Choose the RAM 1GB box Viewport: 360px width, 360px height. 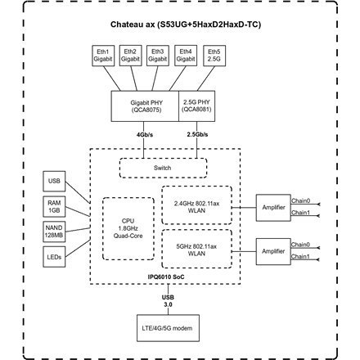coord(54,204)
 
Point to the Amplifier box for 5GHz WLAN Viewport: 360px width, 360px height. coord(273,250)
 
